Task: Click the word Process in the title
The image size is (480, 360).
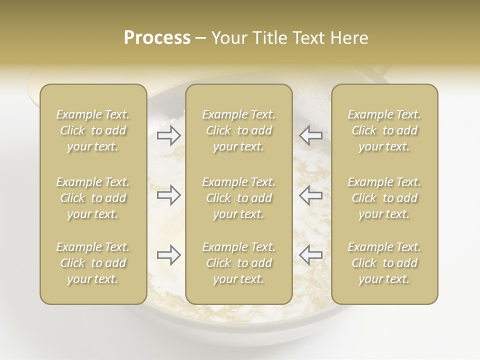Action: (157, 38)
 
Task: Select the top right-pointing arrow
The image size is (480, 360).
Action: (169, 135)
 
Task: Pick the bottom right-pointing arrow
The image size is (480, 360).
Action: (169, 255)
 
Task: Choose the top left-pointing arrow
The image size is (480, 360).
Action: (310, 135)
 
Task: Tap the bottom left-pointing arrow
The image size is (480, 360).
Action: (310, 255)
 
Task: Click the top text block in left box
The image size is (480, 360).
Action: (93, 130)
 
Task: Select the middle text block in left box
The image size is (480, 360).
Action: (93, 198)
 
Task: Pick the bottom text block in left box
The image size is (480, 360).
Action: (93, 263)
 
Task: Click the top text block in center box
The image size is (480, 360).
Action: (238, 130)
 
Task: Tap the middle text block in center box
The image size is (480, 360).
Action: (238, 198)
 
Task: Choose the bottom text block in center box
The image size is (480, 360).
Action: (238, 263)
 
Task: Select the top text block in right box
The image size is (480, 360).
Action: (384, 130)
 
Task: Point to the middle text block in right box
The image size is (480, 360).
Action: (384, 198)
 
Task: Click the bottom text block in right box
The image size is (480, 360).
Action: (384, 263)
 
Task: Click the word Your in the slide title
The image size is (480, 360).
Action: (227, 38)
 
